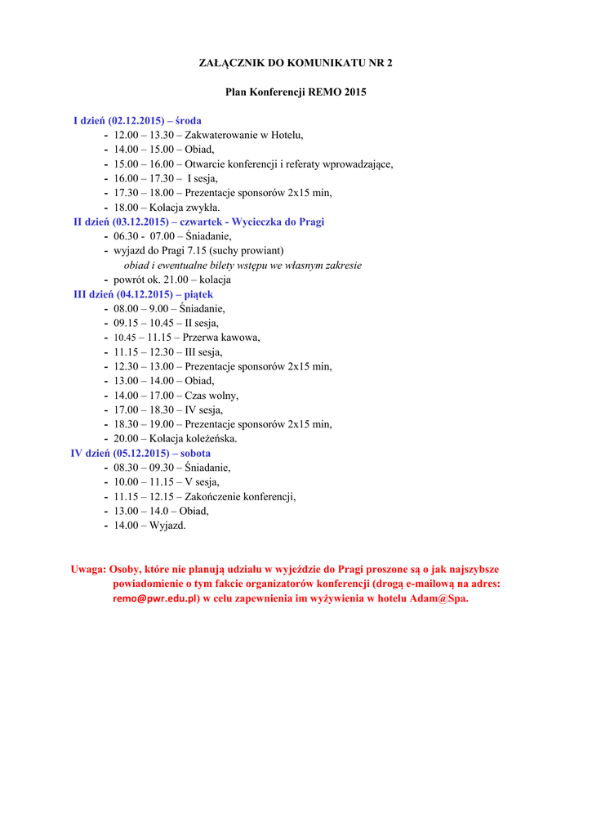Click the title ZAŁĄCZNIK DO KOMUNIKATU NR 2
(x=296, y=63)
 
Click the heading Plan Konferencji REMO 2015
(x=296, y=92)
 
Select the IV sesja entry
(x=203, y=410)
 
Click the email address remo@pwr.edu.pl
(x=156, y=598)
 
